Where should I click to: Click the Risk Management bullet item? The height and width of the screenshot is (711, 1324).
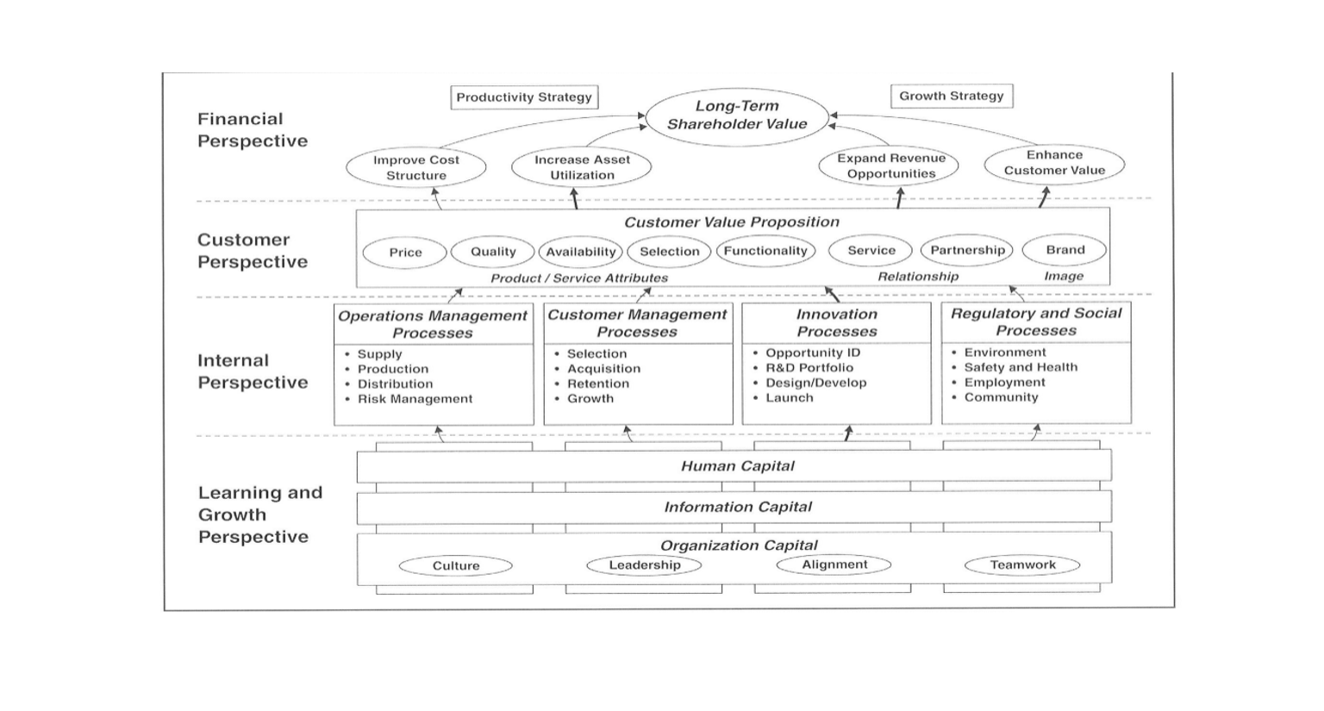coord(409,399)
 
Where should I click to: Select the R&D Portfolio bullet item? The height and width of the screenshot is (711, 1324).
coord(803,368)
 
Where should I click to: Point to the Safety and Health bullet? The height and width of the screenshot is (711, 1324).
coord(1015,367)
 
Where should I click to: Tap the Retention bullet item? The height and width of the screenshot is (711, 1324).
coord(592,384)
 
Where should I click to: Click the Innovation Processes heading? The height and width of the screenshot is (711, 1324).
coord(837,322)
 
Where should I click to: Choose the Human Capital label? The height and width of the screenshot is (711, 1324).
coord(738,465)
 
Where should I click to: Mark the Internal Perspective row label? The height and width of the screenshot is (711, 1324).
coord(253,371)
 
